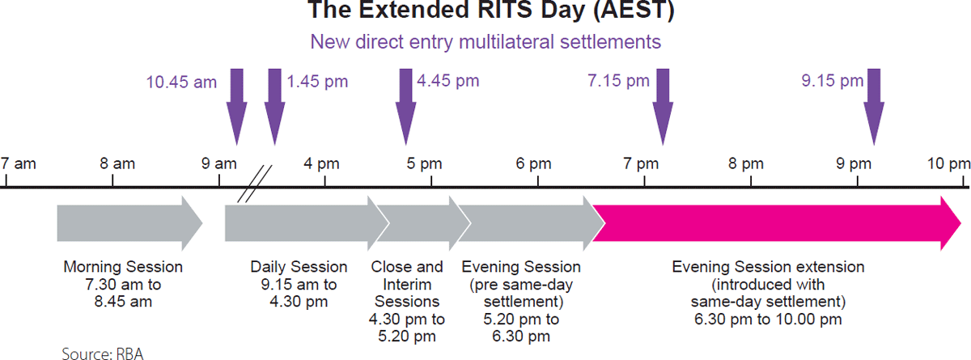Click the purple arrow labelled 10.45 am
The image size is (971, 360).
coord(236,107)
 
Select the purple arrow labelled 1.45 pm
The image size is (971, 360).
coord(275,107)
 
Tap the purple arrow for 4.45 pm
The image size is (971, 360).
coord(405,107)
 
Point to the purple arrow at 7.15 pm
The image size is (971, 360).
coord(663,107)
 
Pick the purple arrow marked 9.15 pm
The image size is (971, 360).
coord(874,107)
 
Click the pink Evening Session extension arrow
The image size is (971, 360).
coord(776,223)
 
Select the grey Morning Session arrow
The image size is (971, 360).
coord(129,223)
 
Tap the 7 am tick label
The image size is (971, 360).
coord(18,163)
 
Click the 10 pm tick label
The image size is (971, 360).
coord(949,163)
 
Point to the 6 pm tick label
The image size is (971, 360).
coord(533,163)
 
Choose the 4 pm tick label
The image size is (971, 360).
coord(322,163)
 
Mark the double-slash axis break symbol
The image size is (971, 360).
coord(254,184)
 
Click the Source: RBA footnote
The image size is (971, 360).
coord(102,354)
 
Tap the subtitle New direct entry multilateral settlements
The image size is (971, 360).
coord(485,42)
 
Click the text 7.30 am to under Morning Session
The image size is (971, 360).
coord(123,285)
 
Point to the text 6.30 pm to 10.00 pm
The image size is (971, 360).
coord(768,320)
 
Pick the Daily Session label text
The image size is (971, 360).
coord(299,267)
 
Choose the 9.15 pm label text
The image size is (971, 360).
coord(833,81)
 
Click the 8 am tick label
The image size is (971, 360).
coord(117,163)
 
